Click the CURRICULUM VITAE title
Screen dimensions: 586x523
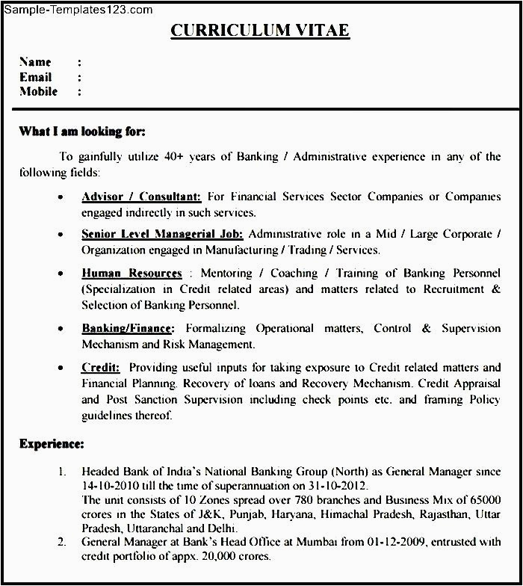click(x=260, y=31)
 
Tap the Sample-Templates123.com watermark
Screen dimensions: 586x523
click(x=78, y=10)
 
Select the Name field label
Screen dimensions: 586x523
click(x=35, y=62)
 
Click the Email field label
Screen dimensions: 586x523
click(x=35, y=77)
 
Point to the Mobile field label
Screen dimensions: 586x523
click(x=38, y=92)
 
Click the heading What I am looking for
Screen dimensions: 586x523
click(x=82, y=132)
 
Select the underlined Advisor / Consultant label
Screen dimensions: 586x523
click(x=141, y=197)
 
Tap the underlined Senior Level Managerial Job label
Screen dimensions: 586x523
click(x=163, y=235)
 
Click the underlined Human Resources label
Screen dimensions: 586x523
click(x=131, y=273)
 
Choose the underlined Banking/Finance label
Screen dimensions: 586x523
click(x=128, y=328)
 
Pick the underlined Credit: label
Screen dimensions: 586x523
click(x=100, y=367)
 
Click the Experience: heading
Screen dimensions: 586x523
click(x=52, y=444)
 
